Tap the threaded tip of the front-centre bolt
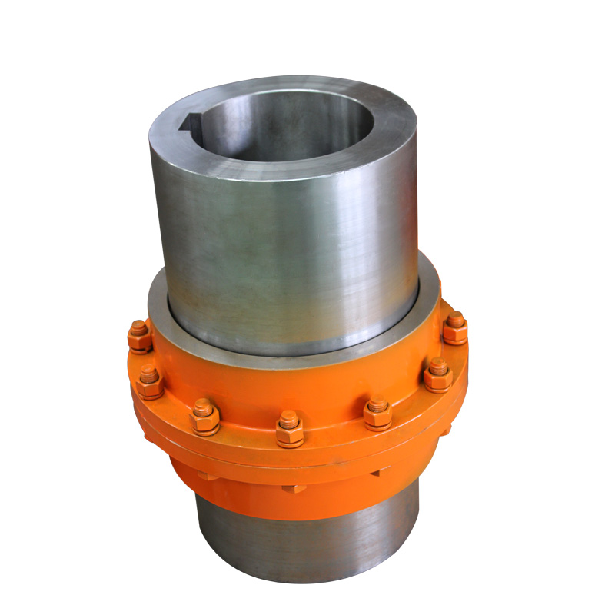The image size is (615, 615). coord(289,417)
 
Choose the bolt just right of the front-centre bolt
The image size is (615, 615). coord(377,413)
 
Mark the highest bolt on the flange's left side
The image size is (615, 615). coord(140,336)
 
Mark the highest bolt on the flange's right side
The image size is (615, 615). coord(455,328)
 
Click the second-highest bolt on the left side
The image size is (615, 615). coord(149,382)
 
